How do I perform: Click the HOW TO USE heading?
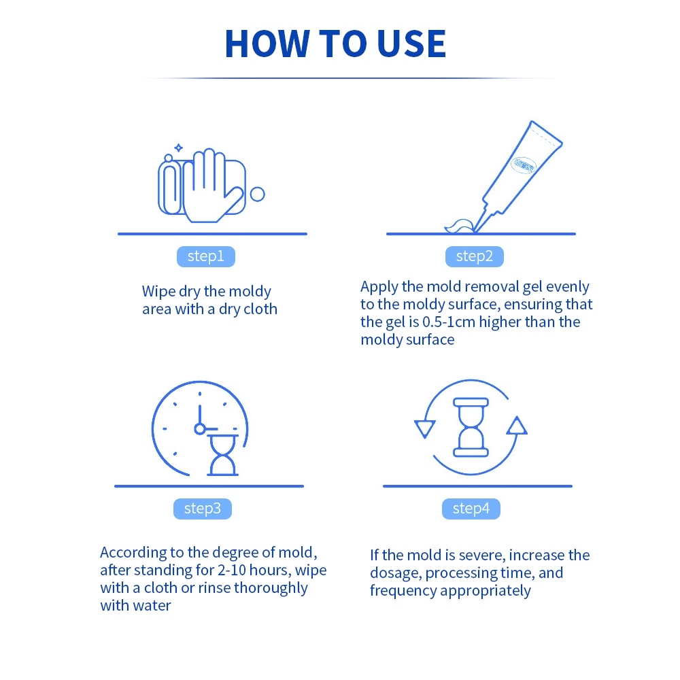coord(335,44)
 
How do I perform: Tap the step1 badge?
coord(206,256)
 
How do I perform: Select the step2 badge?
coord(475,256)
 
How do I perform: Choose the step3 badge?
coord(203,508)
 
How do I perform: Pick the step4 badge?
coord(471,508)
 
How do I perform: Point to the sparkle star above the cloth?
coord(179,148)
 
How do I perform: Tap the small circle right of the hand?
coord(258,194)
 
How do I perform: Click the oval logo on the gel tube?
coord(524,165)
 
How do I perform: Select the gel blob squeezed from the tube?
coord(460,226)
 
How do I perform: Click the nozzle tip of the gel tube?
coord(475,231)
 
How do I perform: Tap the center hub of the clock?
coord(199,429)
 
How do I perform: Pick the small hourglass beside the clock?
coord(223,456)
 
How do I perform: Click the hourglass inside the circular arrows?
coord(471,427)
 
